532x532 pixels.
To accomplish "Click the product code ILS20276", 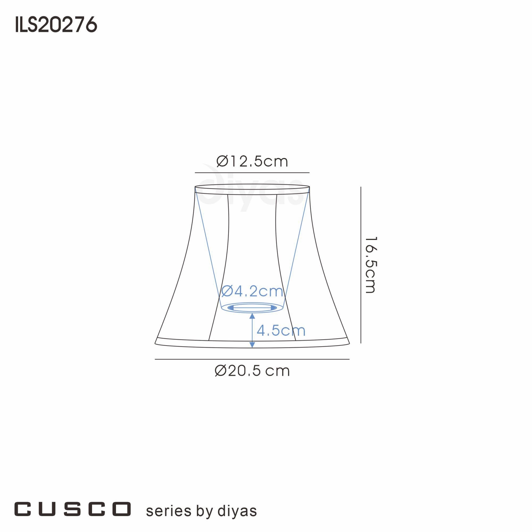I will point(56,24).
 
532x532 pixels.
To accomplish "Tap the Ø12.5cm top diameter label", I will point(252,161).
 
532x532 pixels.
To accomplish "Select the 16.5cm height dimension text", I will point(370,265).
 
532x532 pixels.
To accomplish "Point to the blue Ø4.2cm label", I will point(252,291).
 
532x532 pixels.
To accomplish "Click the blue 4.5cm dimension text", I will point(281,330).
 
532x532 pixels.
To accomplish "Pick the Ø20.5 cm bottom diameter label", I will point(252,371).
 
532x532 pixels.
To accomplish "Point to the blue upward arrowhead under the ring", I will point(252,316).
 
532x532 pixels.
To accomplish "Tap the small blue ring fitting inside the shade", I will point(252,307).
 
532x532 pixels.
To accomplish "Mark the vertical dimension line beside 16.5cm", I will point(361,265).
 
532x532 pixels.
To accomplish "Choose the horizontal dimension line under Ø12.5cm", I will point(252,173).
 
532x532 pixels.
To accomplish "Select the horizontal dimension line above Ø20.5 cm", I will point(252,359).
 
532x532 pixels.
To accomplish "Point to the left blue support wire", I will point(208,248).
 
